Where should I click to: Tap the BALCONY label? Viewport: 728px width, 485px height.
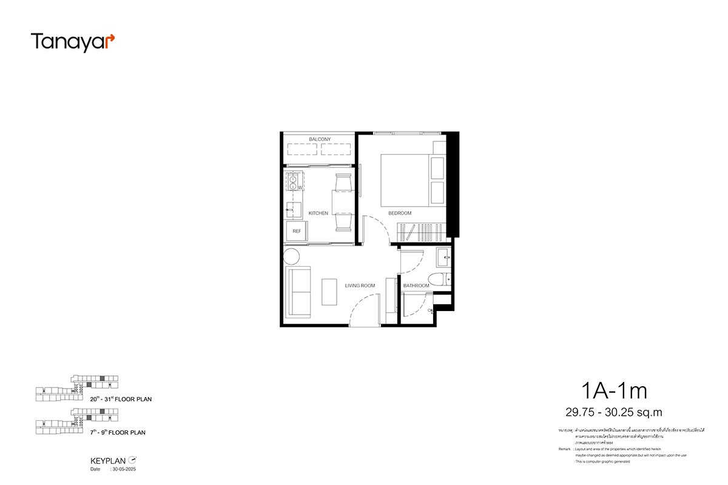319,139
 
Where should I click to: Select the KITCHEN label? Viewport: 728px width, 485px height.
318,213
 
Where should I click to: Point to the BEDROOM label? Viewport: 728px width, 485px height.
400,213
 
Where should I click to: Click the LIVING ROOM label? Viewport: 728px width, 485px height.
360,286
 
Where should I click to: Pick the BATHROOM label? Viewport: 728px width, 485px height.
416,286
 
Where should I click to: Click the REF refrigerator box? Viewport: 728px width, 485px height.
297,231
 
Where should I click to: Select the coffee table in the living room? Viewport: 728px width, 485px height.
330,292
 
